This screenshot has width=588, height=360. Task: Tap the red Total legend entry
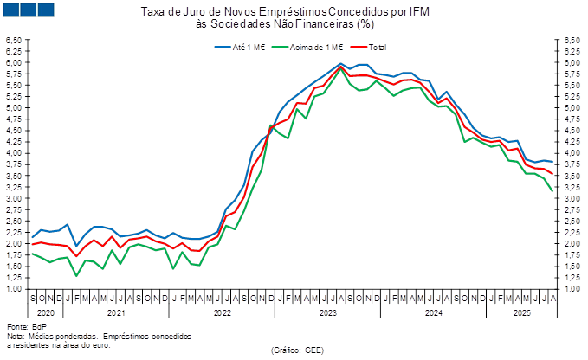[x=369, y=46]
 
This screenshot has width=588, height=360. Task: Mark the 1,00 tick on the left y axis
[x=13, y=289]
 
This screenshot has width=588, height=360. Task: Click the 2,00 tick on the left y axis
[x=13, y=244]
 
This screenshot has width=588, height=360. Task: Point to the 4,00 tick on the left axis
[x=13, y=153]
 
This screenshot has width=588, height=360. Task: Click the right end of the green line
[x=553, y=191]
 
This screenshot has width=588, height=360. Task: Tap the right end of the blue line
[x=553, y=163]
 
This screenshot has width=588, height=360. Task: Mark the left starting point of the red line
[x=32, y=245]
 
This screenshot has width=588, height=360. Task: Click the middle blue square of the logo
[x=29, y=10]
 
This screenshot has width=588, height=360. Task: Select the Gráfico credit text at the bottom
[x=297, y=350]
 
